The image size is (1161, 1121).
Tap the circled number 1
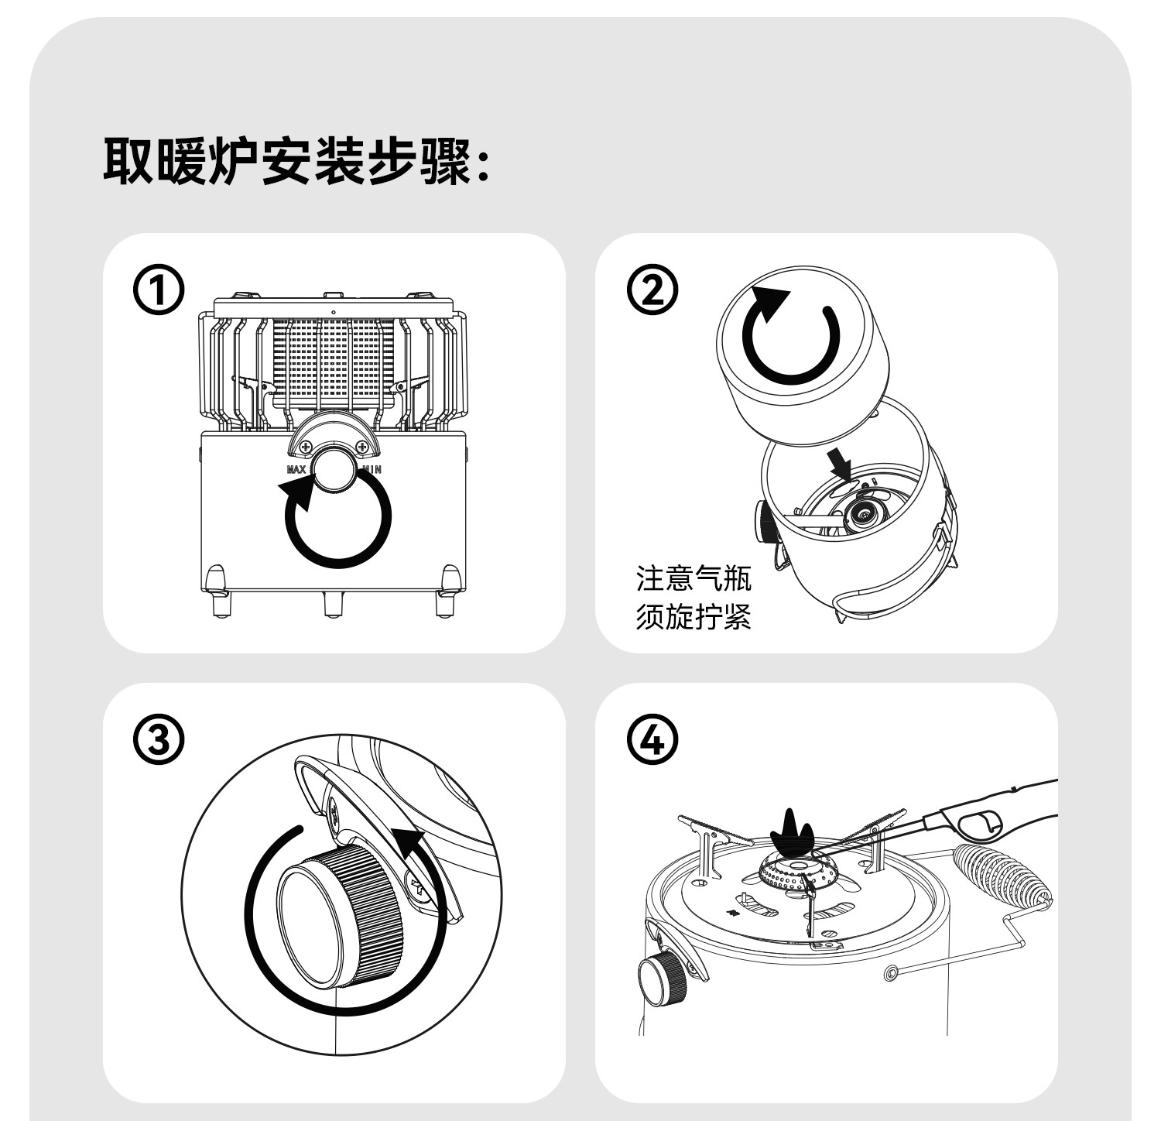[159, 293]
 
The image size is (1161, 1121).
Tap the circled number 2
[652, 291]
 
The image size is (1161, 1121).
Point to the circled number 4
[652, 741]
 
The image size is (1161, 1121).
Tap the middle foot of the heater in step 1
[334, 603]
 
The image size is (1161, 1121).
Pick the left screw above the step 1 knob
[307, 447]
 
